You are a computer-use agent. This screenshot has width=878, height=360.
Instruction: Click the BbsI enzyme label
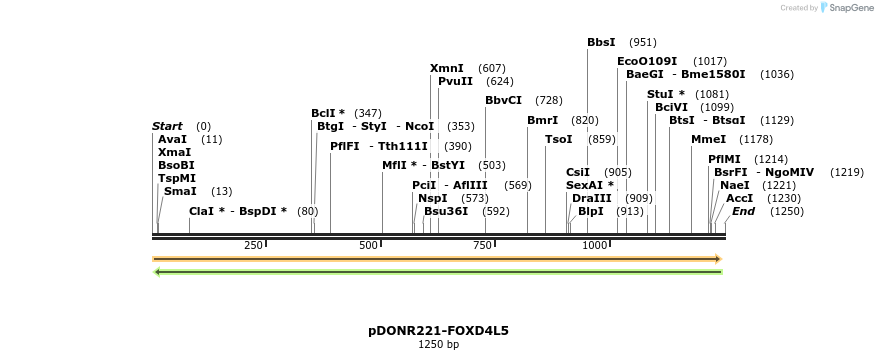tap(601, 42)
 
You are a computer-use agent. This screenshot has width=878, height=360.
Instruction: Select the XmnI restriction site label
tap(446, 68)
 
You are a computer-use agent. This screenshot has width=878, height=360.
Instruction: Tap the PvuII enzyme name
tap(455, 81)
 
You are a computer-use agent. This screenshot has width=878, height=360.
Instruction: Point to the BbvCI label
tap(503, 100)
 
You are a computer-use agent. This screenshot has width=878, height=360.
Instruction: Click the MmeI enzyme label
tap(708, 139)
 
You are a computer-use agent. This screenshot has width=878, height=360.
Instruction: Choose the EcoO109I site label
tap(647, 61)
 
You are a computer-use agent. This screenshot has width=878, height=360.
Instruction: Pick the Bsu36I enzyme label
tap(445, 211)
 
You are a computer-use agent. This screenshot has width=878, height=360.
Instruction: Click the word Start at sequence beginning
tap(167, 126)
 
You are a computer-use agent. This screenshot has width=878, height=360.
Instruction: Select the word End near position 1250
tap(743, 211)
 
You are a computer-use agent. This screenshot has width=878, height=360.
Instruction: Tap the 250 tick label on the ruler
tap(253, 245)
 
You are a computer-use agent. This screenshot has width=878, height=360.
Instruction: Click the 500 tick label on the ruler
tap(368, 245)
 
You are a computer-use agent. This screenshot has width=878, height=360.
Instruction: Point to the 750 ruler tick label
tap(482, 245)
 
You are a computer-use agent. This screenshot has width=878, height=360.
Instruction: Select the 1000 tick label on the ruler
tap(596, 245)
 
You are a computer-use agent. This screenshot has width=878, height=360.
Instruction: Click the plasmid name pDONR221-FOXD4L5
tap(438, 330)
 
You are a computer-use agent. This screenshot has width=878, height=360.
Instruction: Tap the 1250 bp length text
tap(438, 345)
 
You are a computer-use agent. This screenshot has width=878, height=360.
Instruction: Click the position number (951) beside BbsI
tap(642, 42)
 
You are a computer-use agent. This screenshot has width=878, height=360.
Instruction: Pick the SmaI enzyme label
tap(180, 190)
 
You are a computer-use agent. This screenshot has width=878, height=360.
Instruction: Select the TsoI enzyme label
tap(558, 139)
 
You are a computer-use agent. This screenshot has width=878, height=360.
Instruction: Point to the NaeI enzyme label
tap(734, 185)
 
